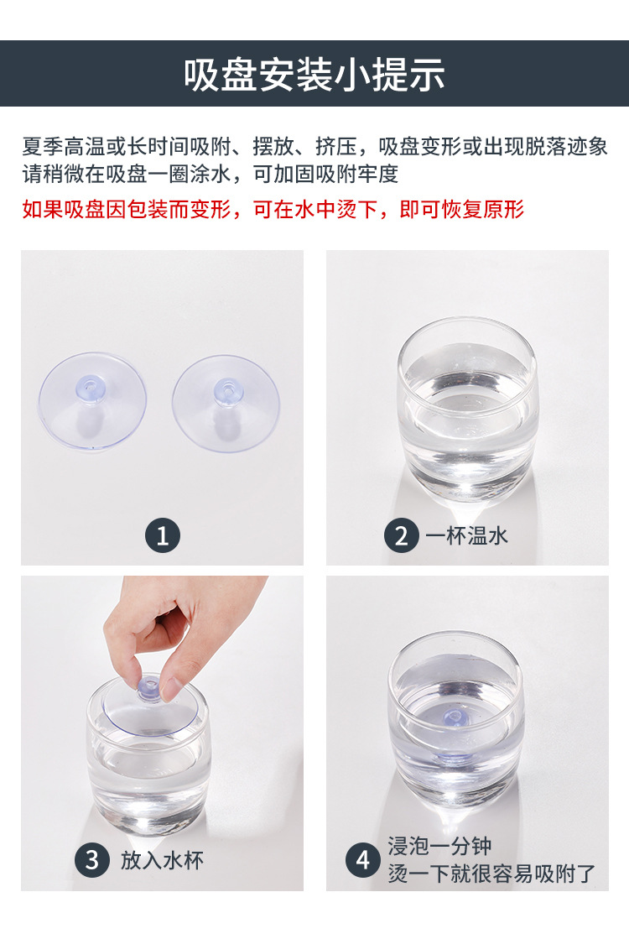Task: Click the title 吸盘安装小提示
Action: point(314,75)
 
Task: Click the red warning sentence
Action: point(273,209)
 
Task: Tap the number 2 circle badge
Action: point(401,535)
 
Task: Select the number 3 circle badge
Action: point(92,859)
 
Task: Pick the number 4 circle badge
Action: point(362,859)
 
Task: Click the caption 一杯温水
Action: point(466,535)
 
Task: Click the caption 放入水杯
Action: point(162,859)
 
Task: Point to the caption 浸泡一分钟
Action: point(439,845)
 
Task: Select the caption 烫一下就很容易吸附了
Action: point(491,873)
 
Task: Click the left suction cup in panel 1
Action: point(92,401)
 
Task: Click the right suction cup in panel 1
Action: point(225,403)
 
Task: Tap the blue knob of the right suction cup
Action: point(225,389)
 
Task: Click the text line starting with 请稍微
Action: point(210,175)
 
